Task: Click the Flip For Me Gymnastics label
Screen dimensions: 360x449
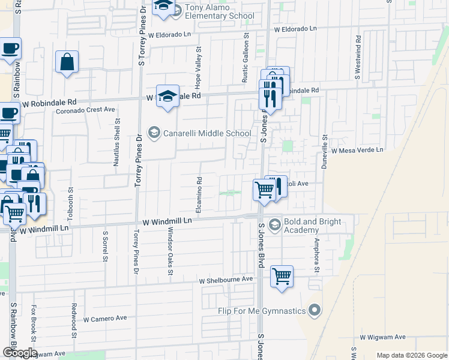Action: (x=262, y=310)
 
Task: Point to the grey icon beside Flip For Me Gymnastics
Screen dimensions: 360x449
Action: (x=315, y=310)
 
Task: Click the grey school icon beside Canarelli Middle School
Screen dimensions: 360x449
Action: (x=154, y=133)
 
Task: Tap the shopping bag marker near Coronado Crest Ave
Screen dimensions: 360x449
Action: (x=67, y=62)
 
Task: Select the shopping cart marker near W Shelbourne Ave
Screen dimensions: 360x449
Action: (x=282, y=277)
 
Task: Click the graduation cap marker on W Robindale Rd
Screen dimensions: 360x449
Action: (x=167, y=96)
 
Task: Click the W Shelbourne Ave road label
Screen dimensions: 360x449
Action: (x=226, y=280)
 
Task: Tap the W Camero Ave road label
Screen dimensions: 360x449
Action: (x=105, y=319)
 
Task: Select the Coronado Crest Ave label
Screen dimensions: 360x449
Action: (x=85, y=110)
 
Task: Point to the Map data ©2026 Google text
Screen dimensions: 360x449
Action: (x=411, y=355)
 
